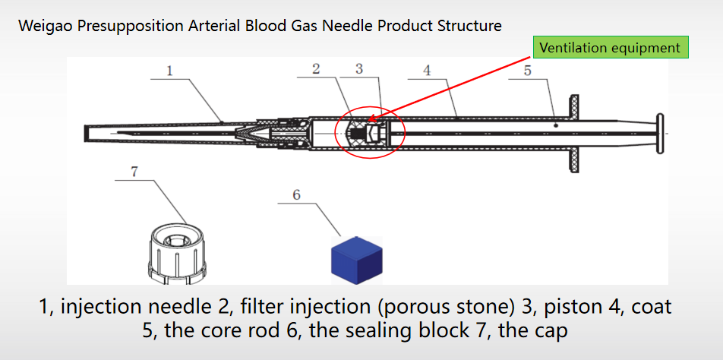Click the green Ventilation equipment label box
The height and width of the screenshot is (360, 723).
609,48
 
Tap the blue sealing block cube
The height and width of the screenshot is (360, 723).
357,257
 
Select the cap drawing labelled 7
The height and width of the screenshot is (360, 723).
175,251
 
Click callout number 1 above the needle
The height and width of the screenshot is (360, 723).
170,71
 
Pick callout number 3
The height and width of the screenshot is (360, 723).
359,69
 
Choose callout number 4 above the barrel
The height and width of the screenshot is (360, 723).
428,71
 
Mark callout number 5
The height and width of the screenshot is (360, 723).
528,71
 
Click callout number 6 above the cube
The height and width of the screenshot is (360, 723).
297,195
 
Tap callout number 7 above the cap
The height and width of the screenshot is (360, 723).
134,172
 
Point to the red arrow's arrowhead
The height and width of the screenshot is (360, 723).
371,119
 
